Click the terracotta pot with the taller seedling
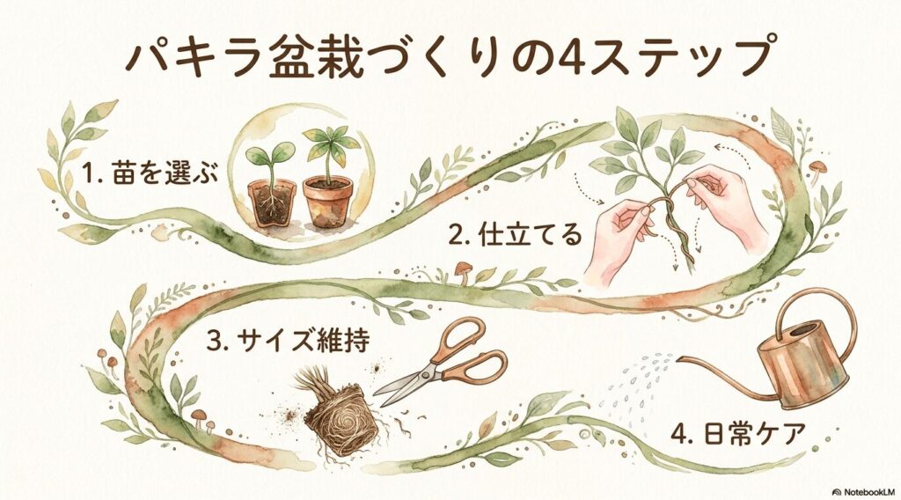pyautogui.click(x=327, y=201)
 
